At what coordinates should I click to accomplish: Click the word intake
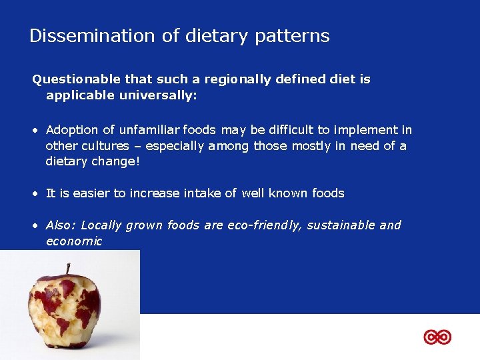(199, 193)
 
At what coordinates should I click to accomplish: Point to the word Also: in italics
(60, 225)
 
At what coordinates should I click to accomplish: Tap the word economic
(73, 241)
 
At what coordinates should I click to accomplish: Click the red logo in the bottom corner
(437, 337)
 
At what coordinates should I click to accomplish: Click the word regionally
(235, 79)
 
